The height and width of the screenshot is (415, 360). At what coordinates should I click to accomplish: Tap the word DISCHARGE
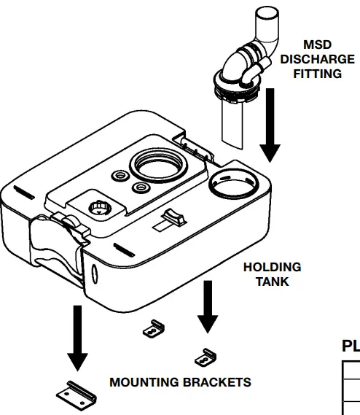pyautogui.click(x=317, y=59)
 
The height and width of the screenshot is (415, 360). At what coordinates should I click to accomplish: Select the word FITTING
pyautogui.click(x=317, y=74)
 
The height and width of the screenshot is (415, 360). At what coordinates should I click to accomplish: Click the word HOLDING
pyautogui.click(x=272, y=268)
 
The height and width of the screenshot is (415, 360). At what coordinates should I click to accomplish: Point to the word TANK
pyautogui.click(x=272, y=282)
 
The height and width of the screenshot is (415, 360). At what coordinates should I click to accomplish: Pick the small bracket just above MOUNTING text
pyautogui.click(x=153, y=330)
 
